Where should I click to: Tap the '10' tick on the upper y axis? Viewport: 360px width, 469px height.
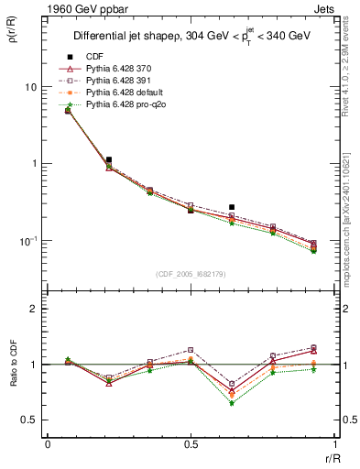(30, 87)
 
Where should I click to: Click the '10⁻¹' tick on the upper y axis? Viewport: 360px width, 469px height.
(28, 240)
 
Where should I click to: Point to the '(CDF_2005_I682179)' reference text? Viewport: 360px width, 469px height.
(191, 274)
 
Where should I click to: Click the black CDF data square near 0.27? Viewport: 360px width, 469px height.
(232, 208)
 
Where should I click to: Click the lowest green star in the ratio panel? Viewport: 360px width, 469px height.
(232, 403)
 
